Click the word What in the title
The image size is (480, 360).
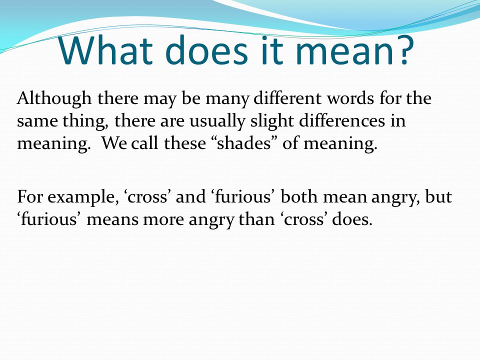pos(105,50)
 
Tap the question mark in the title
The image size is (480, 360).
pos(404,49)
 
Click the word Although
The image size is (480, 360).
pos(54,99)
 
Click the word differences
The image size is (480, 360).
pos(342,120)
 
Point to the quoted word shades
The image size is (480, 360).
pos(244,143)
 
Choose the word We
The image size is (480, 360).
pos(114,143)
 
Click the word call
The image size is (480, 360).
pos(145,143)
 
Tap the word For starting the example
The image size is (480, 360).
pos(29,197)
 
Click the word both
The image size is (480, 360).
pos(299,196)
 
